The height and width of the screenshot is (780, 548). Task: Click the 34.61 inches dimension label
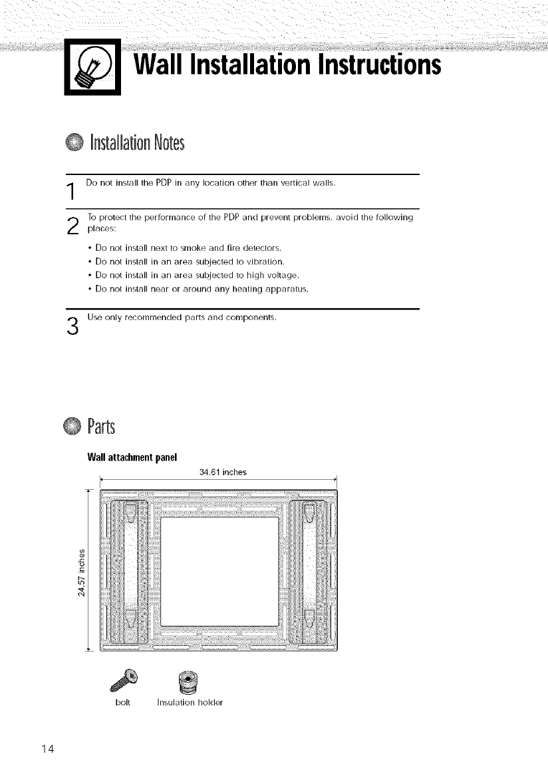tap(222, 473)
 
